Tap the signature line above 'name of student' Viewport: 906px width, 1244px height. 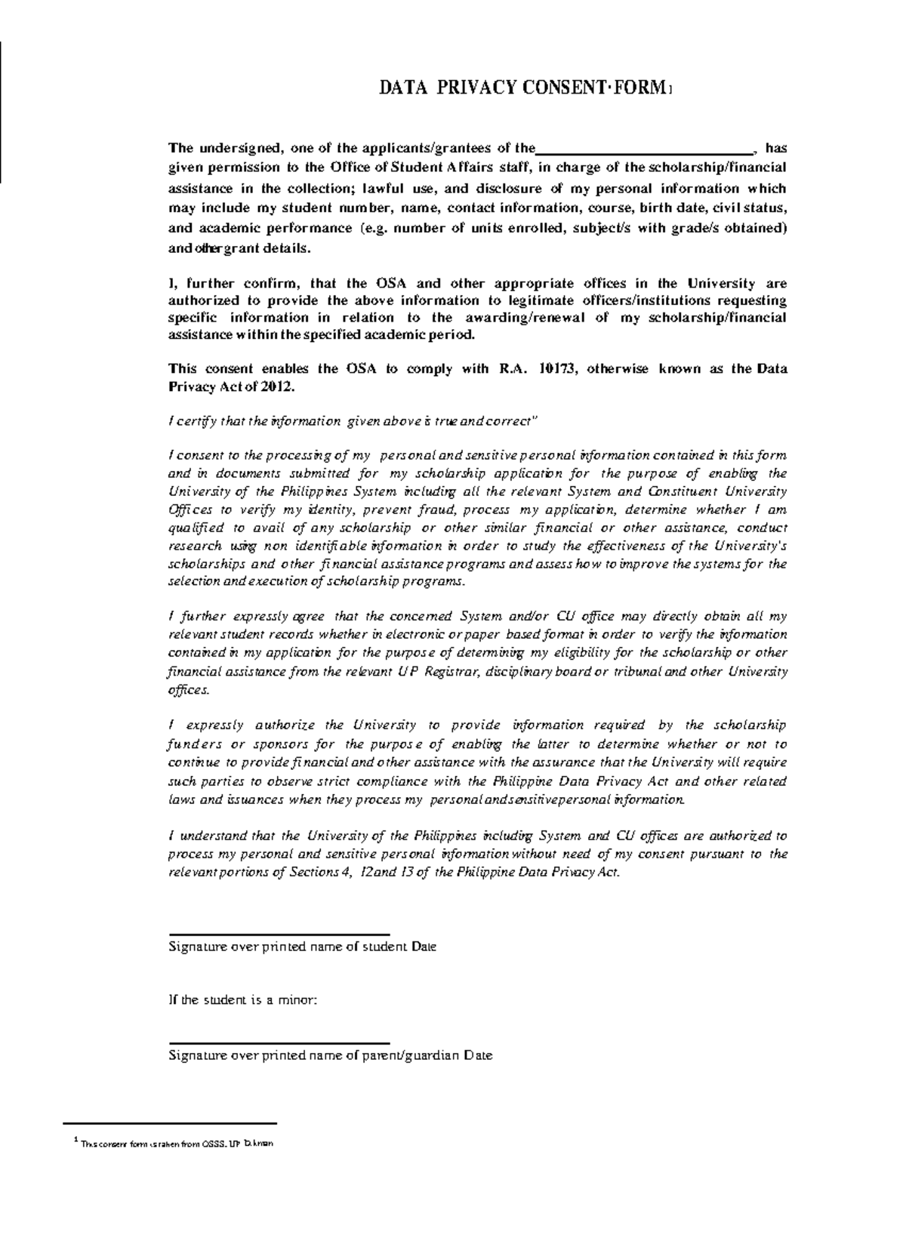(279, 935)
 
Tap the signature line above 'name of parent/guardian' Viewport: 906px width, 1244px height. (279, 1043)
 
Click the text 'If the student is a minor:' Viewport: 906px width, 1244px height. (243, 1000)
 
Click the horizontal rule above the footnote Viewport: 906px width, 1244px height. (170, 1124)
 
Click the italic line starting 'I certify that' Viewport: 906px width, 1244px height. (351, 421)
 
